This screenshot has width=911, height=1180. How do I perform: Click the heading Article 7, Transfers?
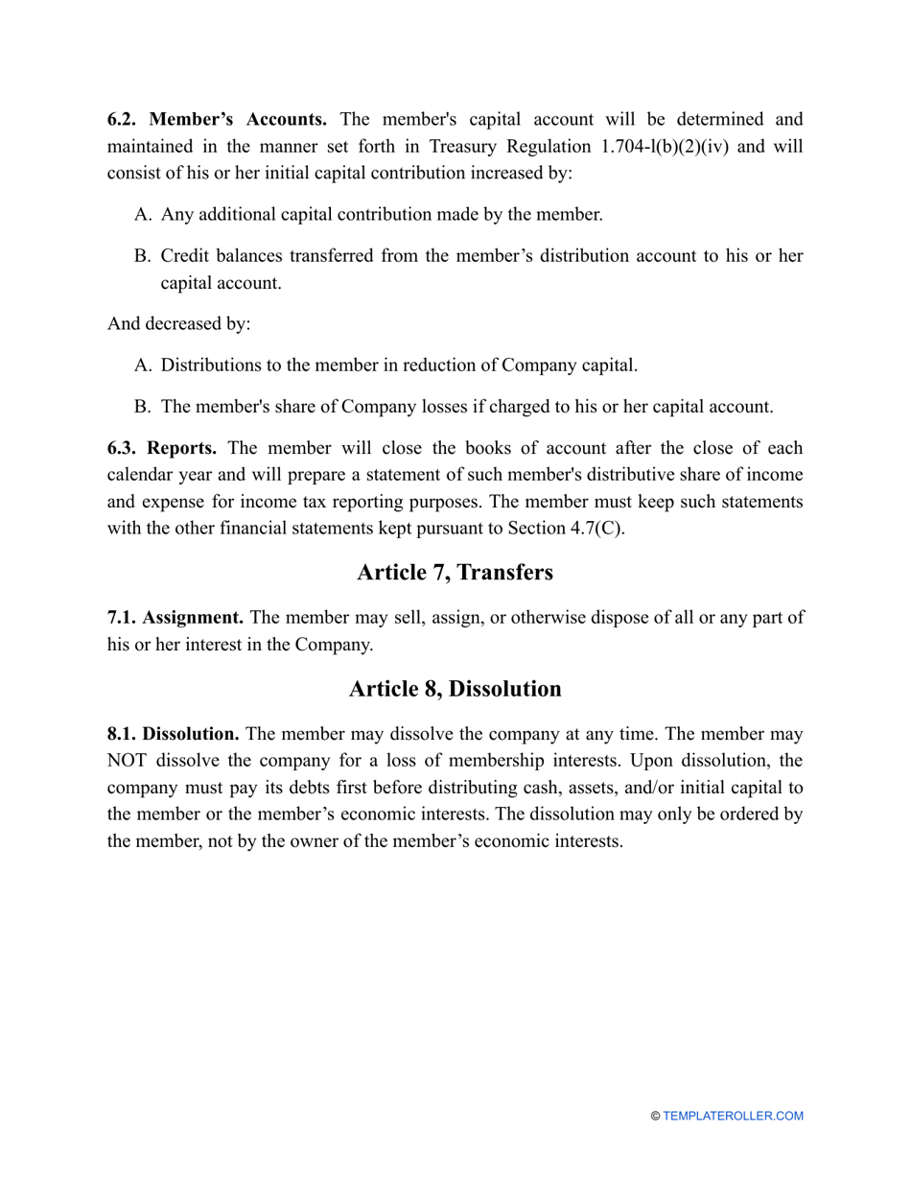pos(455,573)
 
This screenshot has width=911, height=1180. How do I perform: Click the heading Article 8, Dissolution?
pos(455,689)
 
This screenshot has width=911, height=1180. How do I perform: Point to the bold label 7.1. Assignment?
pos(175,618)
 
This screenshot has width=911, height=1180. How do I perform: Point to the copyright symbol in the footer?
pos(655,1116)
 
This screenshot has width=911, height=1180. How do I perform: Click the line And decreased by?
pos(178,323)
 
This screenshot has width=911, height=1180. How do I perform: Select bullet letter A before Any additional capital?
pos(143,214)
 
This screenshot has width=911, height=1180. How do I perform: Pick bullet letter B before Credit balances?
pos(143,256)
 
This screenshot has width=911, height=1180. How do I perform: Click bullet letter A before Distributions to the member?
pos(143,366)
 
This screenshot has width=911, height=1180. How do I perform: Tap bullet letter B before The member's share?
pos(143,407)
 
